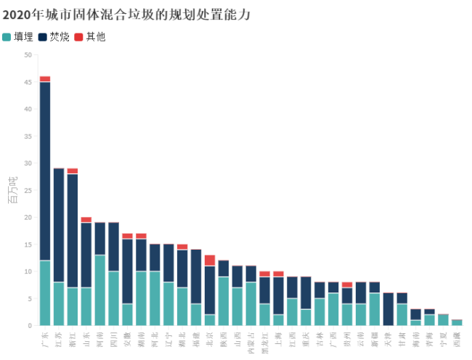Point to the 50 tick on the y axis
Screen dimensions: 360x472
28,55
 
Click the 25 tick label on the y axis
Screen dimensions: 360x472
28,190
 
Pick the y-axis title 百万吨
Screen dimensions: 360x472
12,190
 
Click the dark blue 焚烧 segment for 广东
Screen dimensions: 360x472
45,171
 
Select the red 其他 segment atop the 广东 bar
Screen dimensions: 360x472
45,78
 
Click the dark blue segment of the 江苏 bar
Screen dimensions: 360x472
59,225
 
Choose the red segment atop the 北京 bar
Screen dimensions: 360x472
210,261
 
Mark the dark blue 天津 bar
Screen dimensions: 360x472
388,309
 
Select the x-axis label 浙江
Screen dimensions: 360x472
73,339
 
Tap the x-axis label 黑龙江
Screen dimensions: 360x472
265,342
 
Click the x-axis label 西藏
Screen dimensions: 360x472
457,339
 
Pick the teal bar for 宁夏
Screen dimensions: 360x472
443,320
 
